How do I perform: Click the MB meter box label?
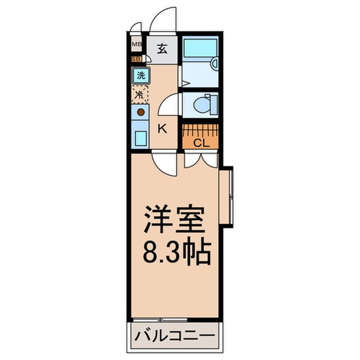point(136,45)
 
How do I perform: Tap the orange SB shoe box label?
point(136,59)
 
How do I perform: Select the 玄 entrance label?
point(162,49)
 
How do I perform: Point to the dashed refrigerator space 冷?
point(139,94)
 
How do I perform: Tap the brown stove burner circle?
point(140,112)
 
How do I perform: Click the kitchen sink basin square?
point(140,137)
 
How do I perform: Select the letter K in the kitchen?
point(162,129)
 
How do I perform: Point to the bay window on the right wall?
point(229,195)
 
